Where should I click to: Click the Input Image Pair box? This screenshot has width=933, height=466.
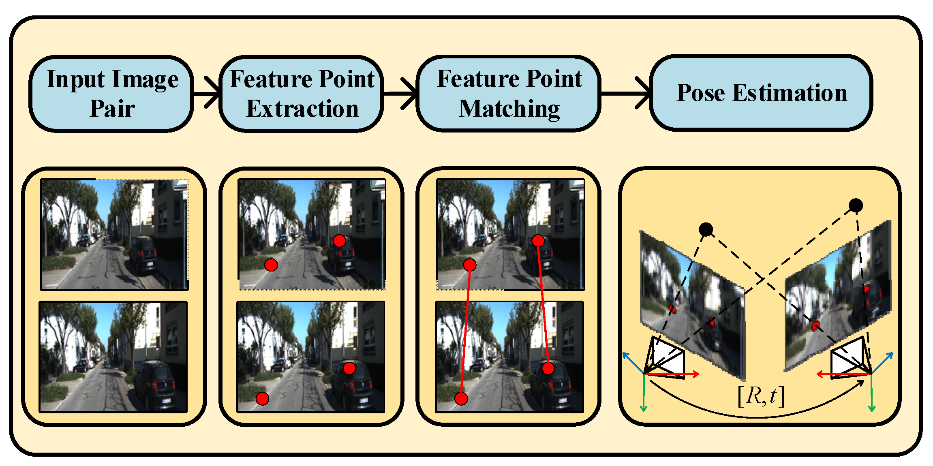tap(111, 94)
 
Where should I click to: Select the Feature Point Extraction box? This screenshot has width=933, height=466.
tap(302, 94)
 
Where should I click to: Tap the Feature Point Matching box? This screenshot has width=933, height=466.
tap(509, 94)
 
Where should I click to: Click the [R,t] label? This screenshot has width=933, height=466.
tap(761, 396)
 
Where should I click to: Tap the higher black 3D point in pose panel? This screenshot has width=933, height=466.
tap(856, 205)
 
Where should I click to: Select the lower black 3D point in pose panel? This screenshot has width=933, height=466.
tap(706, 230)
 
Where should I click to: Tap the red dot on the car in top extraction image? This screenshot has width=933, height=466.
tap(339, 241)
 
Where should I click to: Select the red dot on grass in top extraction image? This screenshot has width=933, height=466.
tap(271, 265)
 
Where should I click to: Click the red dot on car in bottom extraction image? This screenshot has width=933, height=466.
tap(349, 368)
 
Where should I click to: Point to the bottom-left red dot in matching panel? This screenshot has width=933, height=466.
tap(461, 399)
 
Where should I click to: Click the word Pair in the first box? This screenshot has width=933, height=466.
tap(112, 109)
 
